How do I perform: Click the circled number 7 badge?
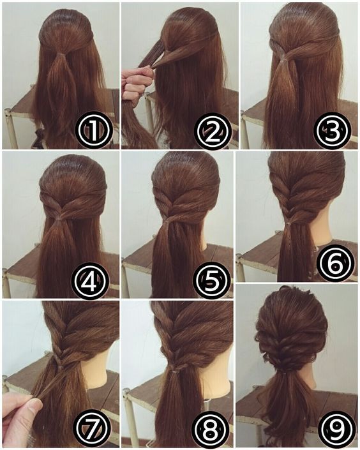click(x=93, y=430)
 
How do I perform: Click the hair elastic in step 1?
click(x=60, y=54)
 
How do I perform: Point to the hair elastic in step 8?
click(x=174, y=371)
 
